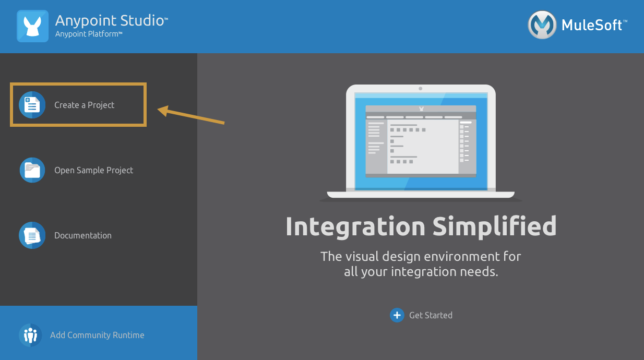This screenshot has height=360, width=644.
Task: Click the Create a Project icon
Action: (32, 105)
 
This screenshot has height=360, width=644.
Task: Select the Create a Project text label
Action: (84, 105)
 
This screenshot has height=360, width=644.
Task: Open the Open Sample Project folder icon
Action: (32, 170)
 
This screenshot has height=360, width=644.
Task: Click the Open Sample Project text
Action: (94, 171)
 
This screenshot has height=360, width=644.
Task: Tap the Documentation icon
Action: (32, 235)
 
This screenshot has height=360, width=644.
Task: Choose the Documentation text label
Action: (83, 235)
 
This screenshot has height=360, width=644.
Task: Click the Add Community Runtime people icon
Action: (30, 335)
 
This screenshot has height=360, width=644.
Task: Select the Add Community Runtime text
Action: (97, 335)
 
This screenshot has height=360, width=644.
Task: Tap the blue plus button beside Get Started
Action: (397, 315)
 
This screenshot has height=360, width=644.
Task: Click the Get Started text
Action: (431, 315)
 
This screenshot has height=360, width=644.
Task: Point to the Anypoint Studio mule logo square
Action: (32, 26)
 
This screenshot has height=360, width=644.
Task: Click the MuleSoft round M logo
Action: (542, 25)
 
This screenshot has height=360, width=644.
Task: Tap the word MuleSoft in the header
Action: (592, 25)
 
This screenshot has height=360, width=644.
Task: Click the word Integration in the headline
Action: (355, 226)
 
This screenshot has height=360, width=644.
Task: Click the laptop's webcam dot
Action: (420, 89)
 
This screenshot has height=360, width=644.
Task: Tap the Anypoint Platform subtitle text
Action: (89, 34)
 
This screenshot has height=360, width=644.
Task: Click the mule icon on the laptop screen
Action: (422, 109)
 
